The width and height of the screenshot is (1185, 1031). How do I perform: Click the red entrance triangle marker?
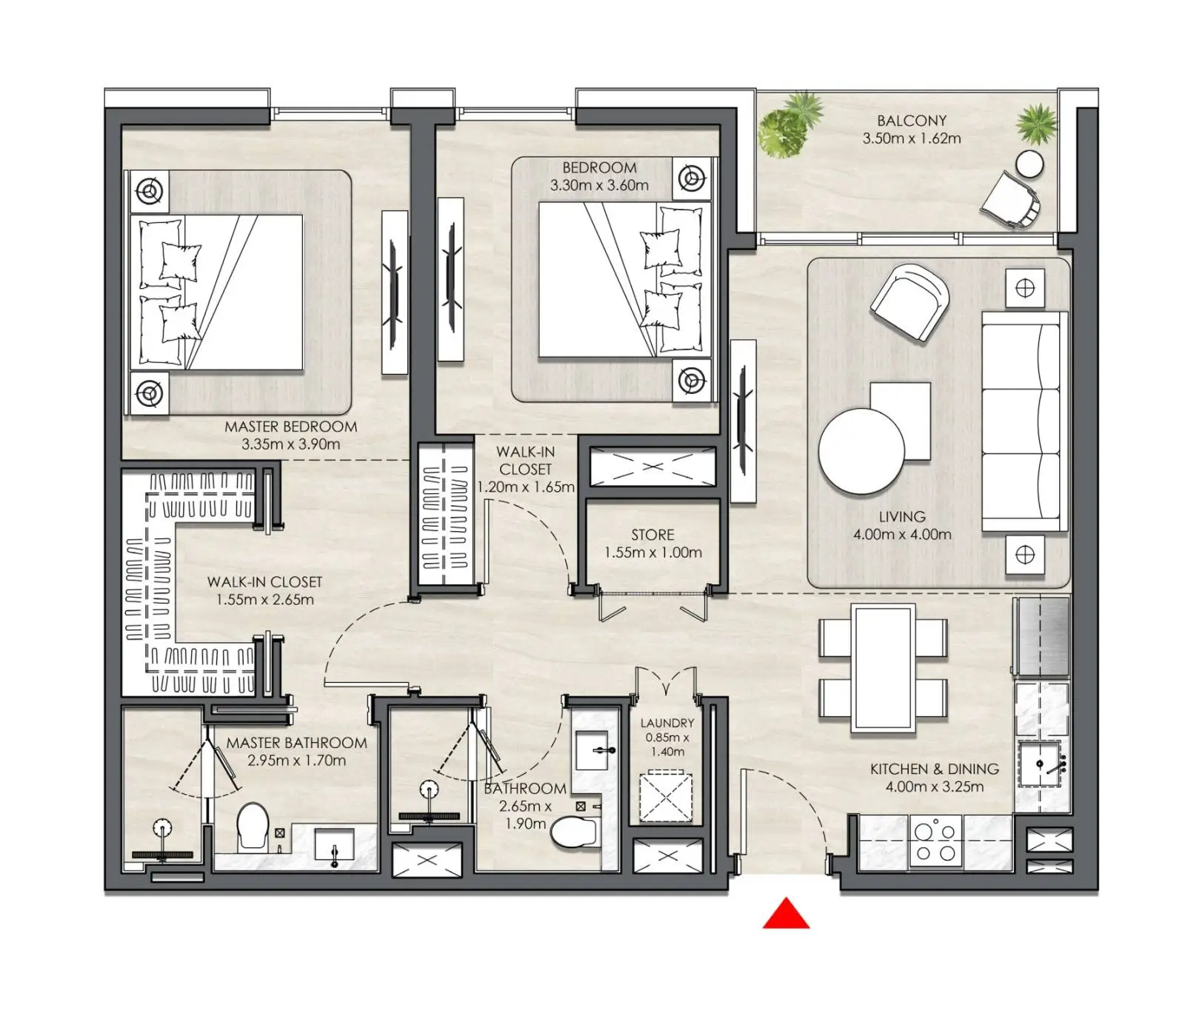(786, 915)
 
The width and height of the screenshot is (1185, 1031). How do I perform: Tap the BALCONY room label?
(912, 120)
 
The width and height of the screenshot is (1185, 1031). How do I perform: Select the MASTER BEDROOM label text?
(290, 427)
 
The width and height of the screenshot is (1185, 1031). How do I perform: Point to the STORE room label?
(652, 535)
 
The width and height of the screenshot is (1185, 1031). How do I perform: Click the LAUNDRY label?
(667, 723)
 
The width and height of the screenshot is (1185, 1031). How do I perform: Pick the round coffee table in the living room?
(861, 451)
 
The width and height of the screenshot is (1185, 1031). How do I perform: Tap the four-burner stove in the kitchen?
(935, 841)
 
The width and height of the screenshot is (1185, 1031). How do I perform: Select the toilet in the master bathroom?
(253, 826)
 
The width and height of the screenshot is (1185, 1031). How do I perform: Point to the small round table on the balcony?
(1029, 164)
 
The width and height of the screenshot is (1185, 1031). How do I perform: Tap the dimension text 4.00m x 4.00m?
(902, 534)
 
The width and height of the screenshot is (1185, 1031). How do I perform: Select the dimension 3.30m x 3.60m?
(599, 185)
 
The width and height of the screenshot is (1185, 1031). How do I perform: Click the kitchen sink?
(1044, 764)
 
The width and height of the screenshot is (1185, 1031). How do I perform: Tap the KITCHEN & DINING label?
(935, 769)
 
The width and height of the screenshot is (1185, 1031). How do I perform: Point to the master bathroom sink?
(335, 844)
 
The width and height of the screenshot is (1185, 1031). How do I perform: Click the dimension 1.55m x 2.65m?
(265, 599)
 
